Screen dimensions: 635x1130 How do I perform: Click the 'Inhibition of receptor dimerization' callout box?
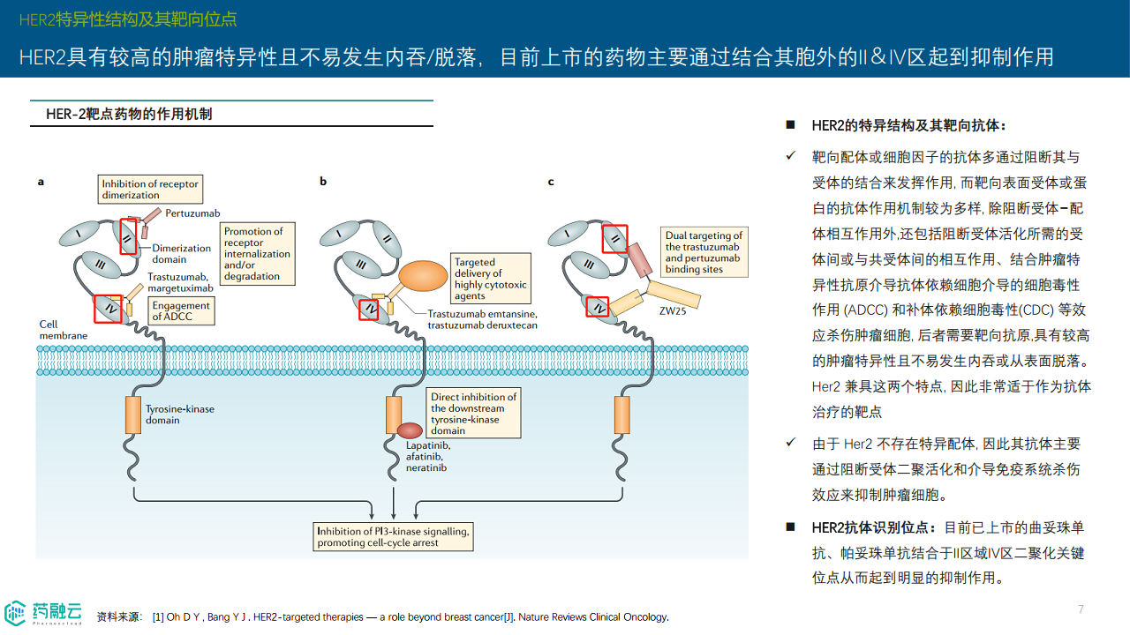(x=150, y=189)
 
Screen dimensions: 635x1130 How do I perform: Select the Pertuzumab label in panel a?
(x=192, y=213)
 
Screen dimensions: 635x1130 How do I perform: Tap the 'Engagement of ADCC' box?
(x=181, y=310)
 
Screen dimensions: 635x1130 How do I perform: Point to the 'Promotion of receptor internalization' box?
(x=257, y=254)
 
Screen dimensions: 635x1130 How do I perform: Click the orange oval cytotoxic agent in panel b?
(x=424, y=276)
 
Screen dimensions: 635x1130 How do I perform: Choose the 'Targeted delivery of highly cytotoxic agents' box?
(x=490, y=279)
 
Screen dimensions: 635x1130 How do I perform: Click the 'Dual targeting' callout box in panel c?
(x=704, y=252)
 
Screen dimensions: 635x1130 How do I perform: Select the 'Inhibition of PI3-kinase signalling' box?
(x=393, y=536)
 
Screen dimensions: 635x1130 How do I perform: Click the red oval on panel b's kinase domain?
(x=410, y=430)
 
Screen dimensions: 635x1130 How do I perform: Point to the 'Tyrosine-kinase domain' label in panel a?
(x=180, y=415)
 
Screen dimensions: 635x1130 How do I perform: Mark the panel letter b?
(x=323, y=182)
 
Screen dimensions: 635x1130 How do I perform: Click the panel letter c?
(x=551, y=182)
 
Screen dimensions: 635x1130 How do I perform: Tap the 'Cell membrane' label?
(x=63, y=330)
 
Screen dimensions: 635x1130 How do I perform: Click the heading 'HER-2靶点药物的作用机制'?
(x=129, y=115)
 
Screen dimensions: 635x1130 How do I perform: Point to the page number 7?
(x=1081, y=609)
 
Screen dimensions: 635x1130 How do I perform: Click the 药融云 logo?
(x=44, y=612)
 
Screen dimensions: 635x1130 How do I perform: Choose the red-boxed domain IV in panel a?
(x=108, y=308)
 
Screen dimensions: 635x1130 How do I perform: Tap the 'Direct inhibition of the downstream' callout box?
(x=473, y=414)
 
